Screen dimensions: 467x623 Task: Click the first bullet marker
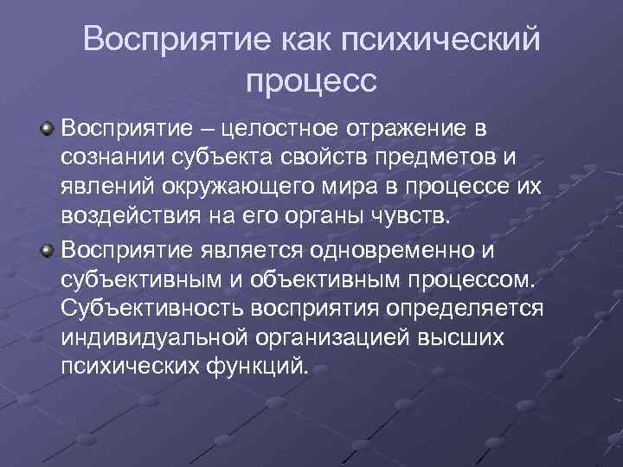49,129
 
